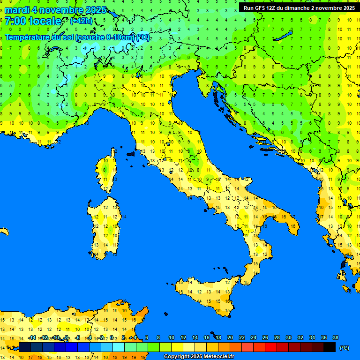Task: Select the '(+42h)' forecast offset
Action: (81, 21)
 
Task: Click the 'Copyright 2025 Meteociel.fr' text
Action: (198, 356)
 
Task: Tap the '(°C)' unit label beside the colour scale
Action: (344, 348)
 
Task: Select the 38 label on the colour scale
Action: (335, 337)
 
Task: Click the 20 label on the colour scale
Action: (230, 337)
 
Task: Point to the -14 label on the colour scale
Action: (32, 337)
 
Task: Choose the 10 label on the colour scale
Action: (171, 337)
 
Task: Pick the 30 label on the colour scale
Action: (288, 337)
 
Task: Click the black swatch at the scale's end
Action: (330, 347)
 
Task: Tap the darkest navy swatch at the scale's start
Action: (25, 347)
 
